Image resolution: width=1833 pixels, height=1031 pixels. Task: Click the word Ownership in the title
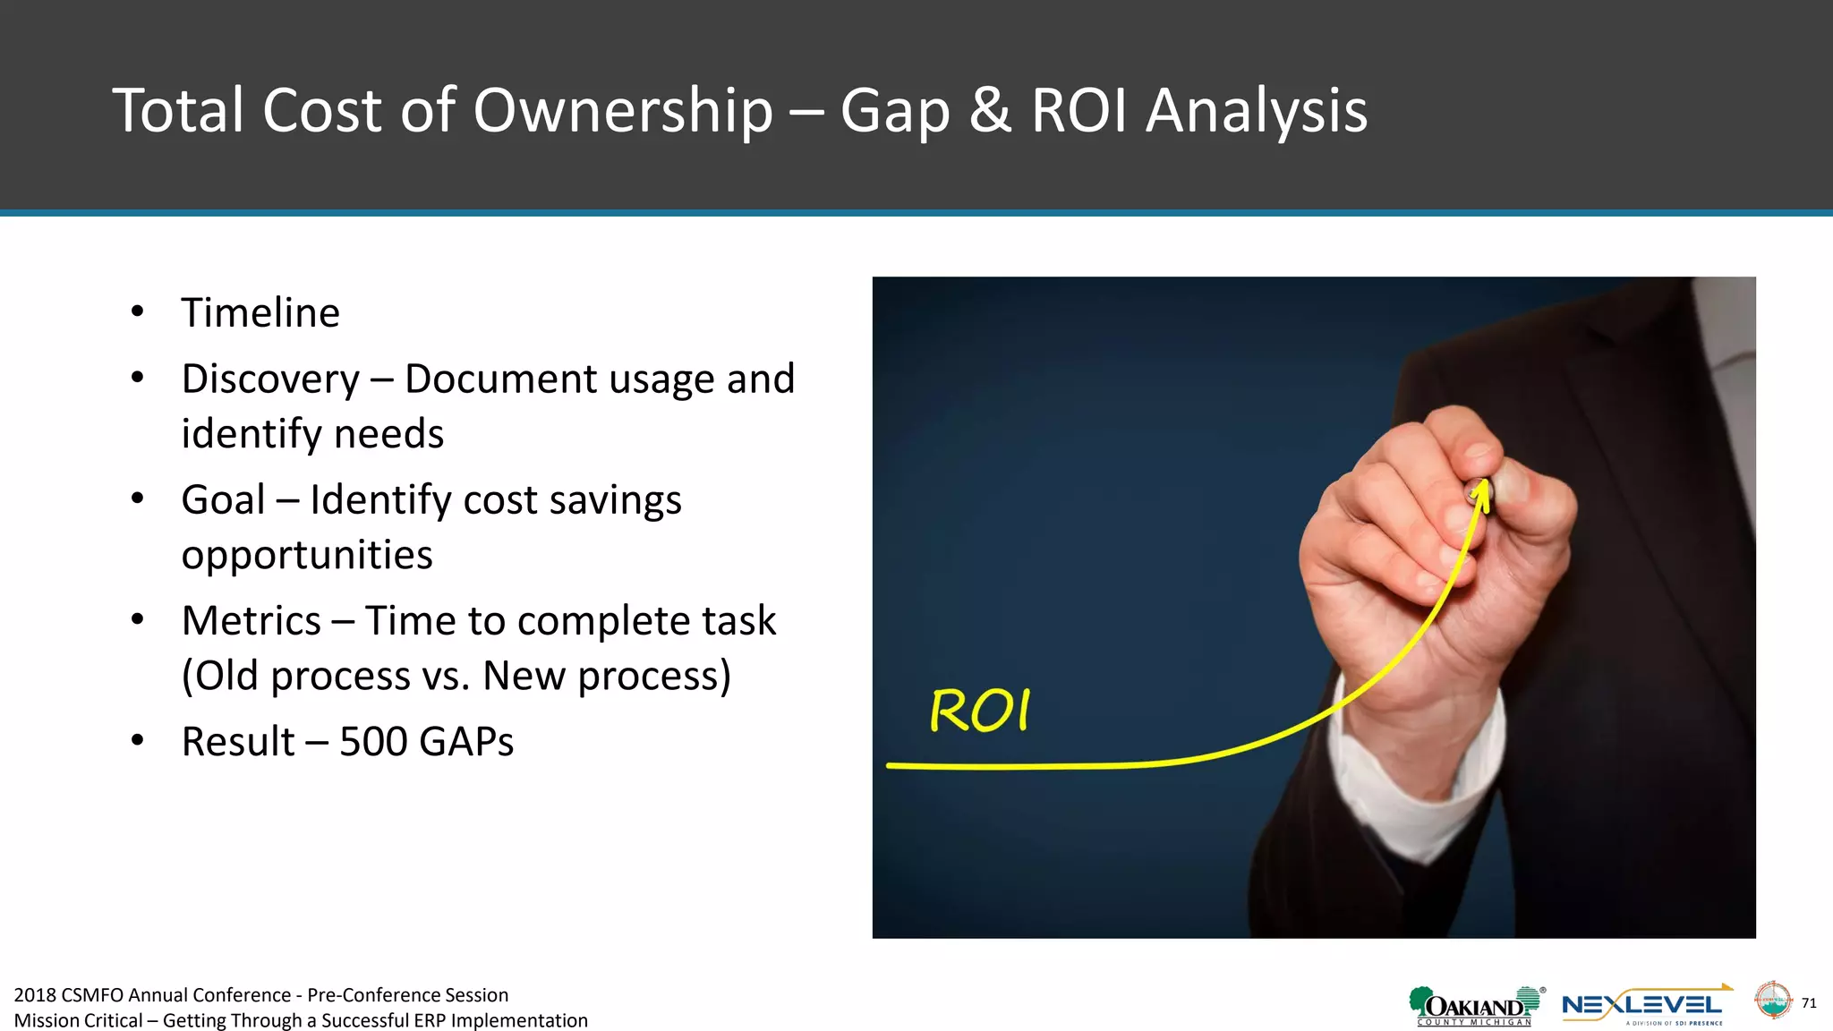(x=622, y=111)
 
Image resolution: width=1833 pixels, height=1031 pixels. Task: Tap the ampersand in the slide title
(x=990, y=111)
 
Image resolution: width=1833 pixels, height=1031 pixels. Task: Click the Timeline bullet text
(x=260, y=313)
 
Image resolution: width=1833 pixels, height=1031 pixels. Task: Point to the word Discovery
(x=270, y=379)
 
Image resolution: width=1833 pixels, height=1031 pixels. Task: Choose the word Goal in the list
(x=223, y=499)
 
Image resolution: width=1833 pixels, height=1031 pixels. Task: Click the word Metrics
(x=251, y=621)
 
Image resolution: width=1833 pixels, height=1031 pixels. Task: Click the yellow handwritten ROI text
(x=980, y=711)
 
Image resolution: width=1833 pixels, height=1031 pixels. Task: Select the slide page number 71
(x=1809, y=1003)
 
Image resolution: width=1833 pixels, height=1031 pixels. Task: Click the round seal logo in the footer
(x=1772, y=1001)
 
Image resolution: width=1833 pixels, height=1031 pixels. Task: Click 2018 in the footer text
(x=35, y=995)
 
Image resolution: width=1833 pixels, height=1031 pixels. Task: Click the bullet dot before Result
(x=137, y=741)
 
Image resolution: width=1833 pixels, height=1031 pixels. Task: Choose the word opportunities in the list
(x=307, y=555)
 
